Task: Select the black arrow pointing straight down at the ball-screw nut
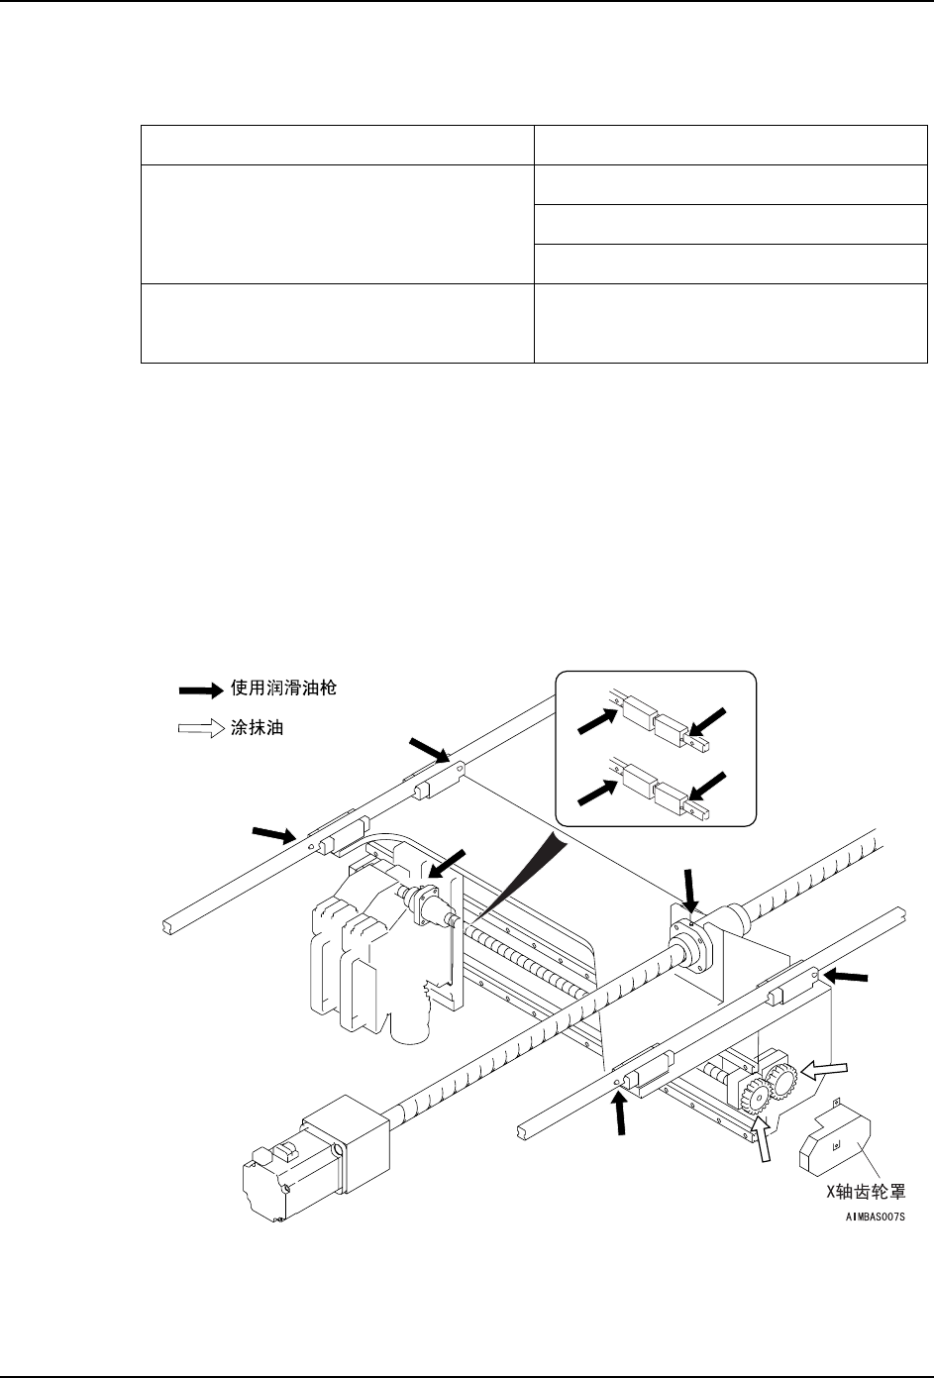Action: (690, 884)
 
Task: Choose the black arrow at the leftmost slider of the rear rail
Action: (275, 834)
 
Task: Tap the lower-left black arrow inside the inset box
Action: (595, 791)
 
